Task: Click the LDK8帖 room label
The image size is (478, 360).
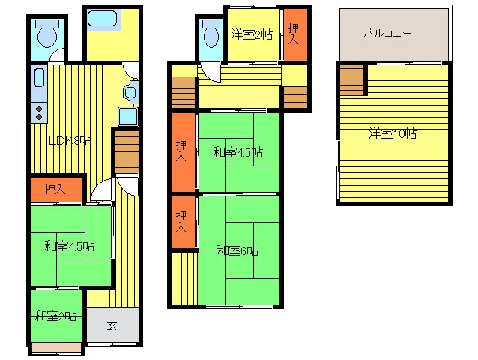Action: (70, 141)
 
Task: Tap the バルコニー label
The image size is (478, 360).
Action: (388, 33)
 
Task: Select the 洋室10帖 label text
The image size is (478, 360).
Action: (393, 133)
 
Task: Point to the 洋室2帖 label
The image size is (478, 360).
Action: (252, 34)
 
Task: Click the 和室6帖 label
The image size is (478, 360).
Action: (238, 250)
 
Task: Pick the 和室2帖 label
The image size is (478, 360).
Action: (55, 316)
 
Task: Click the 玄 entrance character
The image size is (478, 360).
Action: (112, 325)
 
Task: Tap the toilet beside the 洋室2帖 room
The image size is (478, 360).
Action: (211, 33)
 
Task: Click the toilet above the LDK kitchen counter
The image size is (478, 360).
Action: (47, 34)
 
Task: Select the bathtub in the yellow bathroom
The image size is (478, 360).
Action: (102, 19)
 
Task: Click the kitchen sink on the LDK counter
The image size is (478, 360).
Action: (39, 77)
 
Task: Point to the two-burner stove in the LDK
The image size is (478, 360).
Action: (39, 112)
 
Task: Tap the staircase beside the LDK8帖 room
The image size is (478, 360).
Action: (127, 152)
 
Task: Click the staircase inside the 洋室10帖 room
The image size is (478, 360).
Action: (352, 80)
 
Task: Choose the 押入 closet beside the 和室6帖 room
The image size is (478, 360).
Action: (183, 222)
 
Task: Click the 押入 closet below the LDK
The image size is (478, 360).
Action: (56, 190)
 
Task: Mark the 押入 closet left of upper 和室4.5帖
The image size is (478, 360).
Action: (183, 152)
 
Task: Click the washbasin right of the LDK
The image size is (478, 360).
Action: (131, 92)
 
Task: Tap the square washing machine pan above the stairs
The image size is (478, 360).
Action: (128, 116)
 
